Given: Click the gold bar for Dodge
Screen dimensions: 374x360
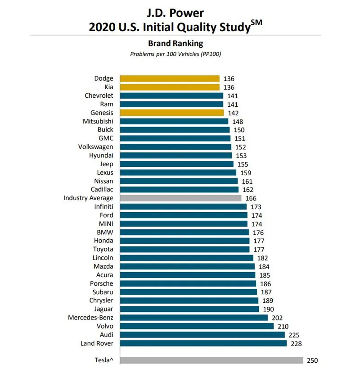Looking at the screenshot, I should [170, 78].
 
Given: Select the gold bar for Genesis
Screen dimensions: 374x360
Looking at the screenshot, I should [171, 113].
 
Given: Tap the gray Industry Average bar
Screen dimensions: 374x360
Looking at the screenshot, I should [180, 198].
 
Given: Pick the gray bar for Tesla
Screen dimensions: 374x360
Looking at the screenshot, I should [211, 360].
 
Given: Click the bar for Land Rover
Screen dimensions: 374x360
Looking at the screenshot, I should [203, 343].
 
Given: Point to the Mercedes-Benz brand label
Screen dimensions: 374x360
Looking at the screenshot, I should [90, 317].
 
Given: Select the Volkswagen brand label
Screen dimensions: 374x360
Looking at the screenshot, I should [95, 147].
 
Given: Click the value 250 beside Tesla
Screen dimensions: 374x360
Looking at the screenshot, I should [312, 360].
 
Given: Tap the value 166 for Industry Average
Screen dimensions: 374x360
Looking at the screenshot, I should [251, 198].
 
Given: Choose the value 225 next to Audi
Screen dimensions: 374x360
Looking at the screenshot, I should [294, 335].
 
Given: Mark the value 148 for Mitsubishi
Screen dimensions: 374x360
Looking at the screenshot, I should [238, 122].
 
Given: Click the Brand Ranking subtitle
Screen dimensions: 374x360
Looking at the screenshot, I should [175, 44].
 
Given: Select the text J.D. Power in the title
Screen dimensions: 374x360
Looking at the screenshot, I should [175, 13].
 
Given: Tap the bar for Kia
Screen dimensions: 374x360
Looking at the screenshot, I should [170, 87].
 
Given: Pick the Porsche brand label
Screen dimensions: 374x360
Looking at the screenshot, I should [102, 283].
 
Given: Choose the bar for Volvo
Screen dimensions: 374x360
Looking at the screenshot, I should [197, 326].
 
